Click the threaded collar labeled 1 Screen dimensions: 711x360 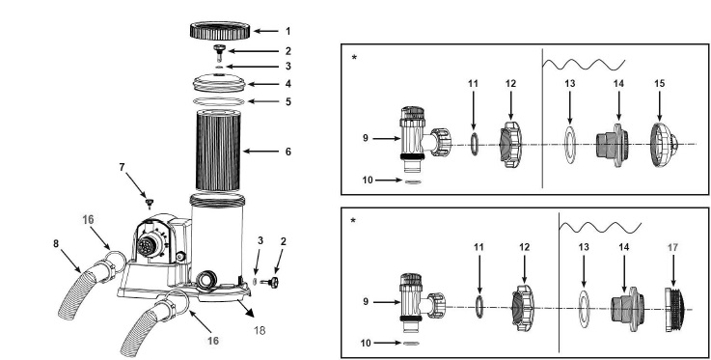[220, 30]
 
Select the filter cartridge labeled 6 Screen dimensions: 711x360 [219, 150]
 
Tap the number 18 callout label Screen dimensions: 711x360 [260, 330]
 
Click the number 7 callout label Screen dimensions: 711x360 [122, 167]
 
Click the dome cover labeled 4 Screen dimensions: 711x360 [219, 83]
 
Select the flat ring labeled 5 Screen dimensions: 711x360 [219, 101]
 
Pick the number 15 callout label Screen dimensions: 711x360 [659, 83]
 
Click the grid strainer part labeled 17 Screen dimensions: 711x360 [674, 310]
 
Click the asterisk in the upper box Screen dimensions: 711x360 [354, 58]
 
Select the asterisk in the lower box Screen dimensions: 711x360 [353, 220]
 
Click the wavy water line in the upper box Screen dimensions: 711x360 [584, 65]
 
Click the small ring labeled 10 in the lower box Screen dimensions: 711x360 [411, 344]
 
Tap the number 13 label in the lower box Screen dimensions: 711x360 [584, 247]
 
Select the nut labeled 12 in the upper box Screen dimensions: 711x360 [511, 144]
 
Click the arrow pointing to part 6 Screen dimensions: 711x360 [260, 151]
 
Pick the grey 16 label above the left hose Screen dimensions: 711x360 [88, 219]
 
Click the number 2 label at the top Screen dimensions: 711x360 [287, 51]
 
